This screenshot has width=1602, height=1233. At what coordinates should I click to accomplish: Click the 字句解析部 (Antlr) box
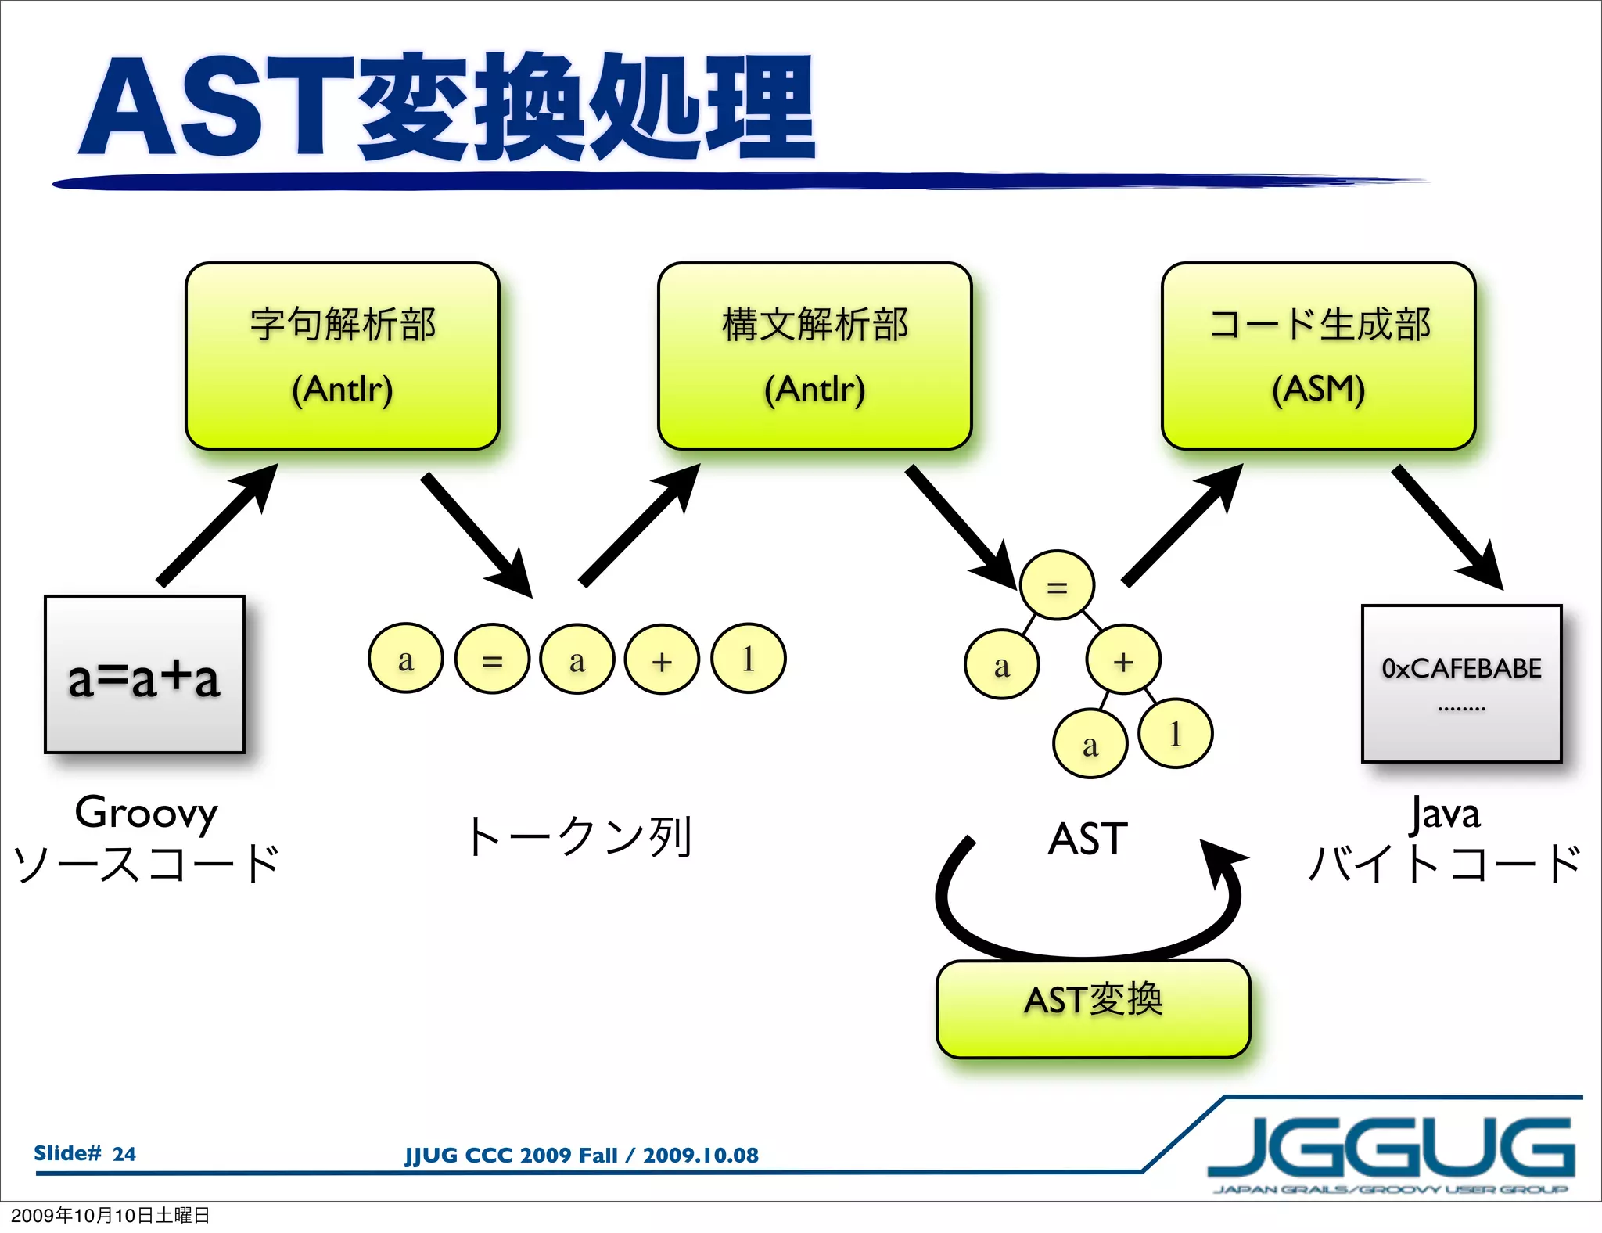pos(343,356)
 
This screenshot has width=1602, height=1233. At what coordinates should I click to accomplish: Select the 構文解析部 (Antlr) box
pos(814,356)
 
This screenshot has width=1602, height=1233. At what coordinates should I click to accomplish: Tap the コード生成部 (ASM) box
pos(1318,356)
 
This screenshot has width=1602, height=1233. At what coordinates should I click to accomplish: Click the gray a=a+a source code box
pos(145,674)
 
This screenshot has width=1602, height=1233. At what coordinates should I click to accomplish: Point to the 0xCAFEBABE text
pos(1461,668)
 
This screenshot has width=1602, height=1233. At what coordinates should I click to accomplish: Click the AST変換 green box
pos(1093,1008)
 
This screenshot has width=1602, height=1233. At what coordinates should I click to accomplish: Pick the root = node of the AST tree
pos(1057,586)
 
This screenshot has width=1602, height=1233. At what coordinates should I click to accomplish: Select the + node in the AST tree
pos(1123,660)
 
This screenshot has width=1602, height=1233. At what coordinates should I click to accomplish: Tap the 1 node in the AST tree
pos(1175,733)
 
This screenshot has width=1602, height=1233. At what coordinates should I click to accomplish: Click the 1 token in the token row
pos(748,659)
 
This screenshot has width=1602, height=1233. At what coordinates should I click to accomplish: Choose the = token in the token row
pos(492,659)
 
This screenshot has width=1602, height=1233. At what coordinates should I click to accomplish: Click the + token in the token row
pos(662,659)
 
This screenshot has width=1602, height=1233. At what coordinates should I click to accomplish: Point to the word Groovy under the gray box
pos(146,812)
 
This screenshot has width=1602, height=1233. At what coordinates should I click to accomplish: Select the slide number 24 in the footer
pos(124,1154)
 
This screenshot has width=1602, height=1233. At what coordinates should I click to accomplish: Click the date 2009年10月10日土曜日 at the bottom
pos(110,1215)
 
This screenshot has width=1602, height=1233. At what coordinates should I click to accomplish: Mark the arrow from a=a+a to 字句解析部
pos(217,524)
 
